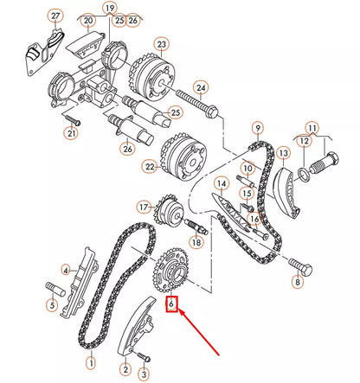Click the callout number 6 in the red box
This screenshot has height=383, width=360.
[x=172, y=303]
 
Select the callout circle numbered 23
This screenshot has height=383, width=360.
[x=160, y=42]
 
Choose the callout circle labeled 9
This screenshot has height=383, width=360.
[x=257, y=128]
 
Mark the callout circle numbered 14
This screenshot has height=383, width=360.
[x=221, y=182]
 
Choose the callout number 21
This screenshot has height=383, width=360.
[x=72, y=132]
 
